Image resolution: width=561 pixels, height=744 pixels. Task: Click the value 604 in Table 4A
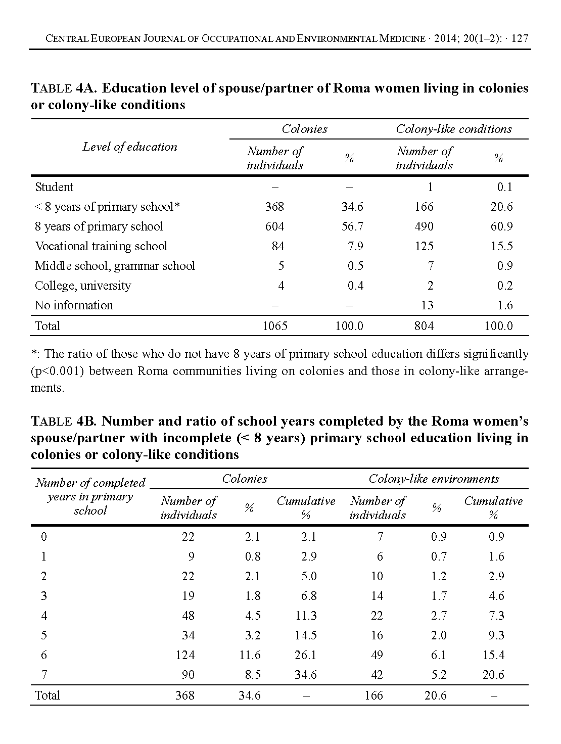click(274, 226)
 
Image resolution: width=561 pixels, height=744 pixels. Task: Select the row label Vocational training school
click(101, 246)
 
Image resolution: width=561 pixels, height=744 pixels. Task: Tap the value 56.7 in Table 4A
click(352, 226)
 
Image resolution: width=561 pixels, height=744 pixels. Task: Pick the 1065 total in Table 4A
click(275, 326)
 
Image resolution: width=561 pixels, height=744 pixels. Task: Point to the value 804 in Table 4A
click(424, 326)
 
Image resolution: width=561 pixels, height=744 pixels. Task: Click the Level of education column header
click(130, 147)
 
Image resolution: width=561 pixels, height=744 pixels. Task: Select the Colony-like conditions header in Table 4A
click(453, 129)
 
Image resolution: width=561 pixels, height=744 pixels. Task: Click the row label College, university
click(83, 286)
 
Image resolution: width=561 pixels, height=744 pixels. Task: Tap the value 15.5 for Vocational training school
click(501, 246)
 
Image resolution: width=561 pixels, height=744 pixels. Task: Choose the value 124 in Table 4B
click(185, 655)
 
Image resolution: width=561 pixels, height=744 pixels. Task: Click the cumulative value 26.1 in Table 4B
click(305, 655)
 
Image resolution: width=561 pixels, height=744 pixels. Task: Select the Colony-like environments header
click(434, 479)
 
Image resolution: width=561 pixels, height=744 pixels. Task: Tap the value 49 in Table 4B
click(377, 655)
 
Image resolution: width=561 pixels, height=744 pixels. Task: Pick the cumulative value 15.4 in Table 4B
click(493, 655)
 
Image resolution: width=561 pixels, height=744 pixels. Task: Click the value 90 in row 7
click(188, 675)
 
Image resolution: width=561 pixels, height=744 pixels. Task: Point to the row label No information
click(74, 305)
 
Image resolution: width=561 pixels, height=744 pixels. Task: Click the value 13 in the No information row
click(427, 305)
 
